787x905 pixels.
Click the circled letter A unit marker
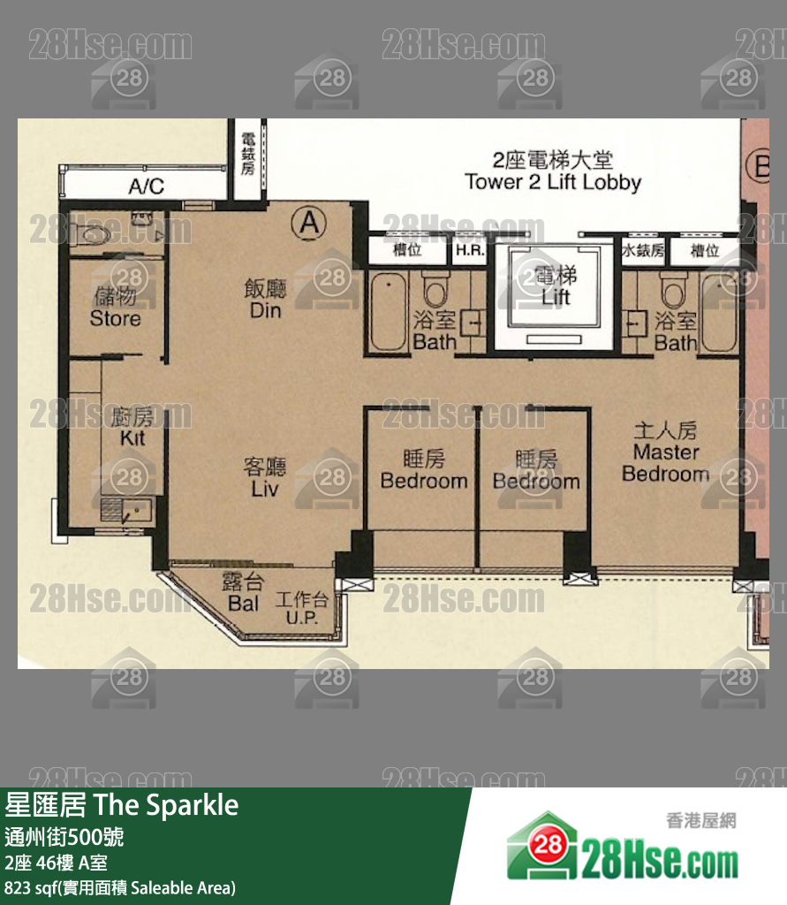pos(308,223)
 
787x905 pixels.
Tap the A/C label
pos(147,186)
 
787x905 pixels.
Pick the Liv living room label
pos(265,477)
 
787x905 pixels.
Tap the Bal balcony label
pos(244,592)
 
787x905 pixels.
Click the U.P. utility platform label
pos(302,609)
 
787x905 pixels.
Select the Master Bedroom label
pos(665,452)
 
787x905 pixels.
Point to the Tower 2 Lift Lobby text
pos(553,171)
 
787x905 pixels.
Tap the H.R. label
pos(468,251)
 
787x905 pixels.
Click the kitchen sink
pos(127,509)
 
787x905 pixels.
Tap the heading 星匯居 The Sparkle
pos(123,805)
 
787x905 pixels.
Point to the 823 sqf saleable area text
pos(120,887)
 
